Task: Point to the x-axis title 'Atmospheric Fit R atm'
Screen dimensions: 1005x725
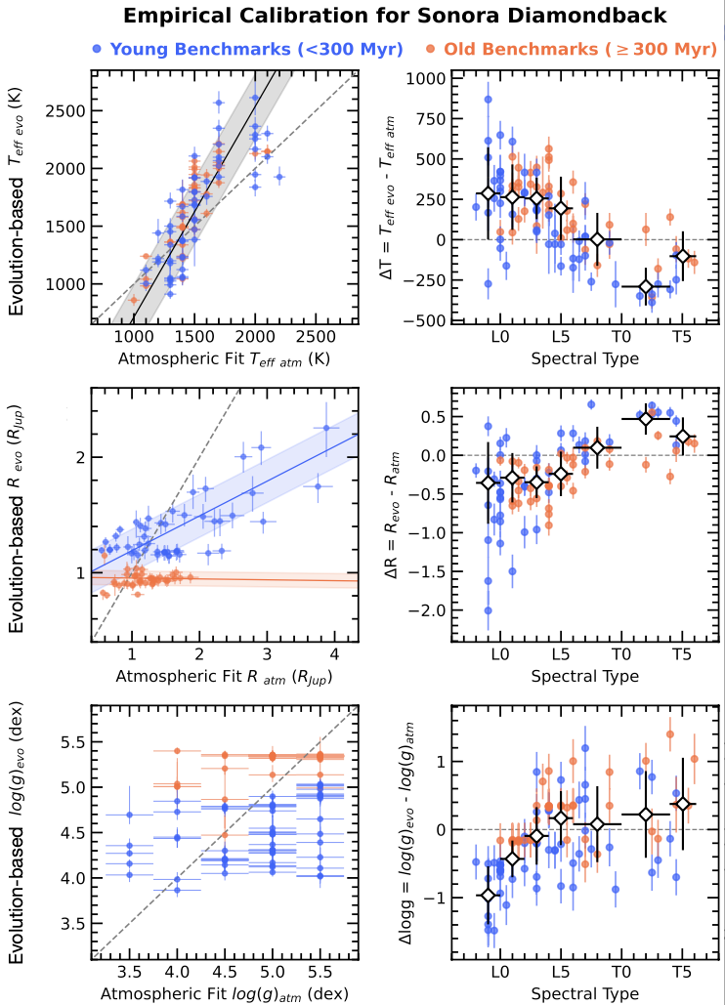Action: pyautogui.click(x=223, y=676)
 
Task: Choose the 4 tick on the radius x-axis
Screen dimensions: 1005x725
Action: pyautogui.click(x=334, y=654)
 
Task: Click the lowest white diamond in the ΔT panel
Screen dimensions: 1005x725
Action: pyautogui.click(x=645, y=287)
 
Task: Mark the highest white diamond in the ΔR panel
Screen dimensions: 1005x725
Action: pyautogui.click(x=646, y=418)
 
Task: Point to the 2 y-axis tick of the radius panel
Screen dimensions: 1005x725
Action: pyautogui.click(x=75, y=458)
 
